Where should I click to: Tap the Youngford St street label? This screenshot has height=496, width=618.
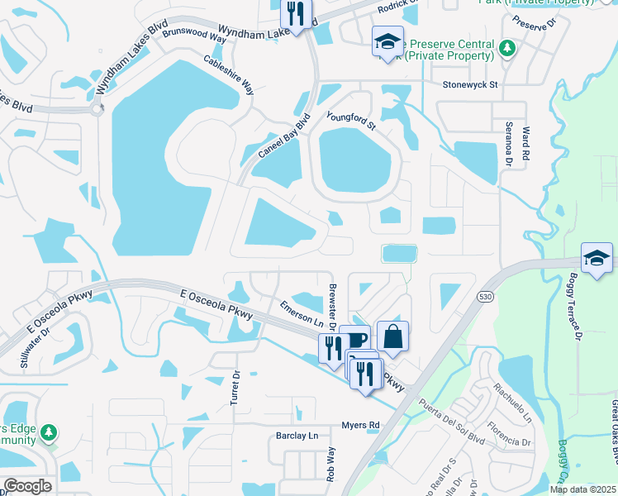click(x=351, y=122)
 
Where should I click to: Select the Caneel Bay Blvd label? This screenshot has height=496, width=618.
click(x=284, y=136)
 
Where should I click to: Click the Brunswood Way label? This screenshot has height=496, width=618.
click(x=194, y=34)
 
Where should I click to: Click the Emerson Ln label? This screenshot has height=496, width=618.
click(x=301, y=313)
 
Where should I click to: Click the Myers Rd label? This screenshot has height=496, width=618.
click(x=360, y=425)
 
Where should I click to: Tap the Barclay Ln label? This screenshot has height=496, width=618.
click(x=296, y=436)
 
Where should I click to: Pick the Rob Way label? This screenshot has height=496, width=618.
click(x=331, y=465)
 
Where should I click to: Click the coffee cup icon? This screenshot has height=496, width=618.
click(x=354, y=339)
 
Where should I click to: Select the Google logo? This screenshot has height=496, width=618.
click(x=27, y=486)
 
